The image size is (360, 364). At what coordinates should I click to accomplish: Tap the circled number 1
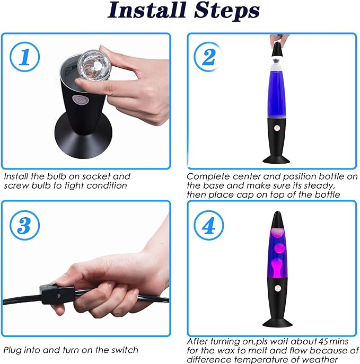(24, 57)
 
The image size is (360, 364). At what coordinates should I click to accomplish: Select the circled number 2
(208, 57)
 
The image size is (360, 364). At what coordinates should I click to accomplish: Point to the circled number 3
(24, 225)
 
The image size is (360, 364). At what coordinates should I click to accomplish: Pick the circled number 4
(208, 225)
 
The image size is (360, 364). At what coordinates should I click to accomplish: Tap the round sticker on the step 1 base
(81, 100)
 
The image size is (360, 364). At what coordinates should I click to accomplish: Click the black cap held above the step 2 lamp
(278, 49)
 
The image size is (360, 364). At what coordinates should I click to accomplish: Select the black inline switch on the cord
(58, 295)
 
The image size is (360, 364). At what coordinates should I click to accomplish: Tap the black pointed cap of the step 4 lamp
(277, 220)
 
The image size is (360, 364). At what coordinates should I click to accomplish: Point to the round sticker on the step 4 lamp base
(278, 288)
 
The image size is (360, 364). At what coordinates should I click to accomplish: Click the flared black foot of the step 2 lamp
(276, 159)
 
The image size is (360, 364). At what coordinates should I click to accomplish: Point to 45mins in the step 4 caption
(333, 342)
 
